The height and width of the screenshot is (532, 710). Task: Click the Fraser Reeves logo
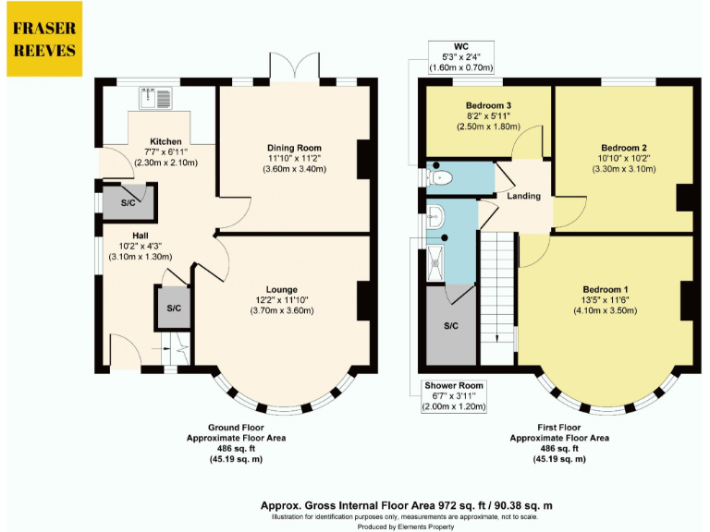tap(42, 39)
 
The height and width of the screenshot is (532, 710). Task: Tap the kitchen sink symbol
tap(152, 96)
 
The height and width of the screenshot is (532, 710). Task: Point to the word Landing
tap(523, 197)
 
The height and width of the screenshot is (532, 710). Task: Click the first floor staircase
tap(497, 296)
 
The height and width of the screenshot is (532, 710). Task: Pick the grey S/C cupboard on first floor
tap(451, 327)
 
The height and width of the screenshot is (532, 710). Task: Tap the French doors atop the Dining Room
tap(294, 66)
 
